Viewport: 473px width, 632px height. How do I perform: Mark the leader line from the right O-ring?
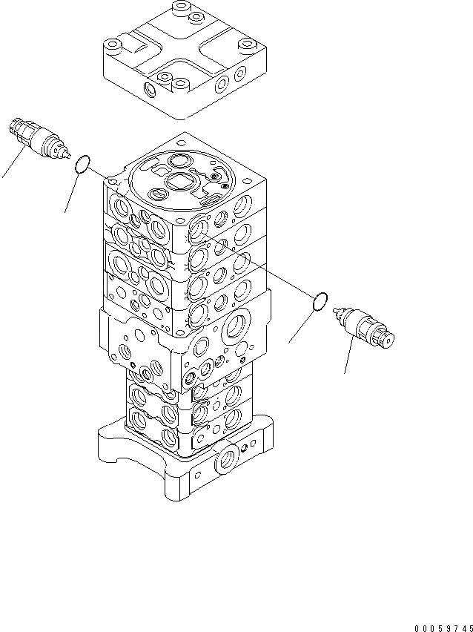pyautogui.click(x=302, y=326)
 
